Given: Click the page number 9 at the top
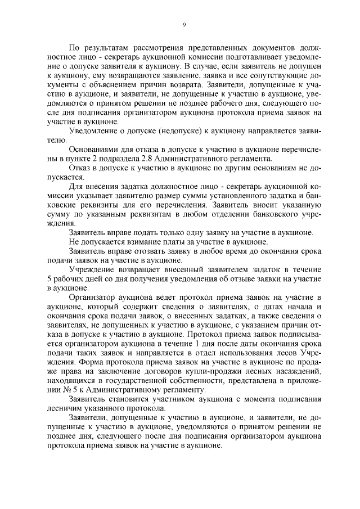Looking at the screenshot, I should (x=184, y=24).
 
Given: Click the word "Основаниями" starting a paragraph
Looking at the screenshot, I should (x=92, y=149).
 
